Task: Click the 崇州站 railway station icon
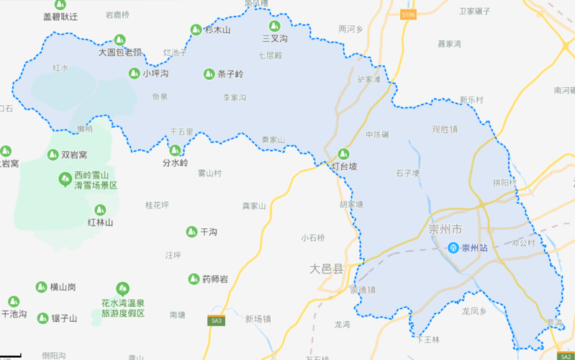point(453,248)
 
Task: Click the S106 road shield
point(408,14)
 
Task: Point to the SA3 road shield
point(216,320)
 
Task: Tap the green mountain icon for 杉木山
point(196,30)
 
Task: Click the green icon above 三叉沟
point(274,26)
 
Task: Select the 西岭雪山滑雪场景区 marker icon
point(65,179)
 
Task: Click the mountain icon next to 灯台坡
point(343,153)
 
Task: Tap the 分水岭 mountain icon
point(175,150)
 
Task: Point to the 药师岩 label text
point(215,279)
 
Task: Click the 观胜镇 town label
point(445,130)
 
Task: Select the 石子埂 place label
point(407,173)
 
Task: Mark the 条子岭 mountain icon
point(209,73)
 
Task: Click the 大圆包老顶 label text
point(120,53)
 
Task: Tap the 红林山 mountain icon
point(100,210)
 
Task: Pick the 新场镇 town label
point(258,319)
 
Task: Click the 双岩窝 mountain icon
point(53,154)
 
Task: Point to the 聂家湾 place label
point(449,44)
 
